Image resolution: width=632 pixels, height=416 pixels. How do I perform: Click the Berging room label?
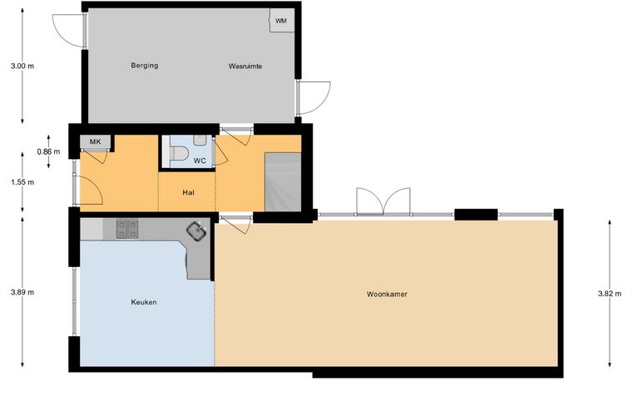pos(145,65)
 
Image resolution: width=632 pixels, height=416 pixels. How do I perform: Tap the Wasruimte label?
pos(245,66)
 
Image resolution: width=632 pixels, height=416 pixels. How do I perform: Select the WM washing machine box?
pos(281,21)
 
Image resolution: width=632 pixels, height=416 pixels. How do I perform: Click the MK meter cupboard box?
pos(95,141)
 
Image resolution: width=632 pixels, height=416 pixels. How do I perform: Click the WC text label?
pos(200,161)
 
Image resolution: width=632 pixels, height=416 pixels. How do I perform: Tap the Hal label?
pos(188,193)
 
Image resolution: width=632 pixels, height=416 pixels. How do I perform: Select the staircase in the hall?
pos(283,182)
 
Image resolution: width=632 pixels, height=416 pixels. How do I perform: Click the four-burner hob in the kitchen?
pos(127,229)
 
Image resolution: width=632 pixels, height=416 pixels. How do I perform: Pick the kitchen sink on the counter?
pos(197,231)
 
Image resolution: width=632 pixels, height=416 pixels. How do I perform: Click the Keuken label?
pos(144,302)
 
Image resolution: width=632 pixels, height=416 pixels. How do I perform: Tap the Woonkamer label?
pos(387,295)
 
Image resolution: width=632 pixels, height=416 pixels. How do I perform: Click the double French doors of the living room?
pos(383,201)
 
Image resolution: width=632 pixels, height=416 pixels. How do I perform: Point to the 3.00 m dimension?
pos(22,66)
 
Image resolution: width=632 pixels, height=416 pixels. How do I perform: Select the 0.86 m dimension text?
pos(48,151)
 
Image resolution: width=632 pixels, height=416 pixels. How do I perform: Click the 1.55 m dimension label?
pos(22,182)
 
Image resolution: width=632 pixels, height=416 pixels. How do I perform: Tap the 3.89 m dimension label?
pos(22,292)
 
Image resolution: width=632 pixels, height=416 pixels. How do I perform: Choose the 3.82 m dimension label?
pos(610,294)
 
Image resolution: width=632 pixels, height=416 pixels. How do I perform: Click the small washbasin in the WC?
pos(200,140)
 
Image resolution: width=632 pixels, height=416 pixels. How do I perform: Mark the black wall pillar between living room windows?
pos(476,215)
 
